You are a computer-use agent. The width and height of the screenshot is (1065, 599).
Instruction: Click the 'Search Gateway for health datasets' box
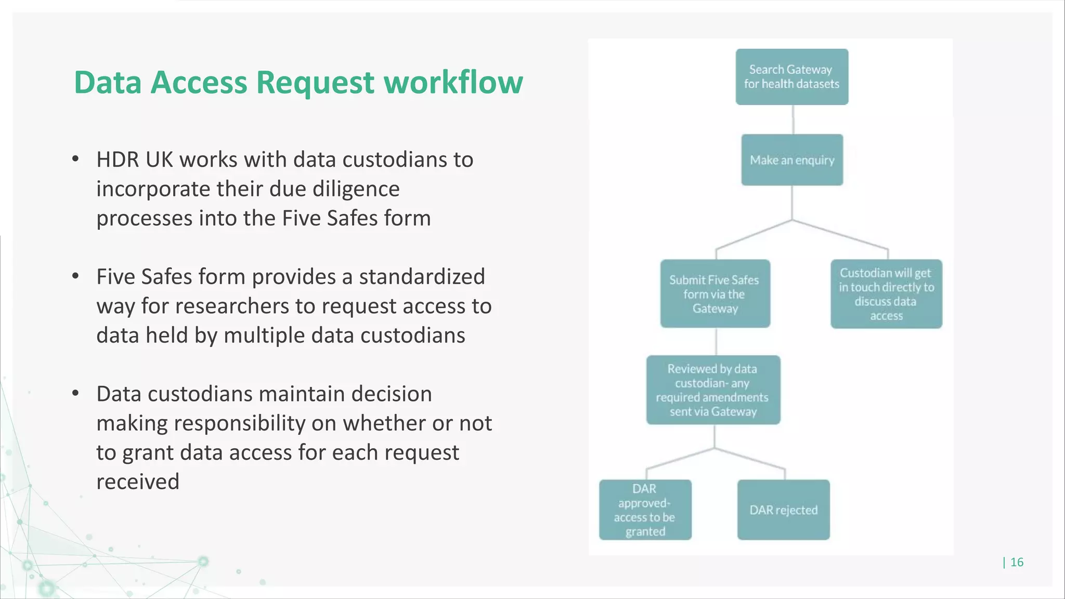coord(791,77)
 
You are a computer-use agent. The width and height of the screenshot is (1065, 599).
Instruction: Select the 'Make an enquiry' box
coord(791,160)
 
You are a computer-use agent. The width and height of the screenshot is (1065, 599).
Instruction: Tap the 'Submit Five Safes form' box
coord(715,294)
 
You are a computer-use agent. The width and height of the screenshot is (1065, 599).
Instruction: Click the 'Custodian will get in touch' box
coord(886,294)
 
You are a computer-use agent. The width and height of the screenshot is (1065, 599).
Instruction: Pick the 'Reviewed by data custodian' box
coord(713,390)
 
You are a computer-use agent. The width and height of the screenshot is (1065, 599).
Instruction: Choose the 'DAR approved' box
coord(645,510)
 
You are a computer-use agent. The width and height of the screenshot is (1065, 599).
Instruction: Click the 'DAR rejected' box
coord(783,510)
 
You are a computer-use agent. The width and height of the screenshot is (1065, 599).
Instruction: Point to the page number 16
coord(1017,562)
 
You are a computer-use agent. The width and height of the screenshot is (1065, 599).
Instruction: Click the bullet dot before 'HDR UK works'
coord(76,159)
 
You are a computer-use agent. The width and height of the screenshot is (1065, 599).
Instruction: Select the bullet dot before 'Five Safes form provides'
coord(76,276)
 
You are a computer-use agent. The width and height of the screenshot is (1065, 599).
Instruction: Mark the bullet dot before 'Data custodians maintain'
coord(76,393)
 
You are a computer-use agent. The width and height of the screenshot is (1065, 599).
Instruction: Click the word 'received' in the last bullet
coord(138,481)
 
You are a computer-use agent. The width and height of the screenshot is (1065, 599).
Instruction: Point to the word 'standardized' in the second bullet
coord(422,277)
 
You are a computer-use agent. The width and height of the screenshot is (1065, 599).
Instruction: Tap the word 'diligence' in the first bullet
coord(356,189)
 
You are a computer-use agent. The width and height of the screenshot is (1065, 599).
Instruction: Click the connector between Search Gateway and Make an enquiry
coord(793,120)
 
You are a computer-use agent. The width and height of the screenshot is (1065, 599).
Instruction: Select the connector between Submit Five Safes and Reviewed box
coord(716,342)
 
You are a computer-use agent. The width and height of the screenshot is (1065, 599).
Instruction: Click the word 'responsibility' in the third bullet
coord(246,423)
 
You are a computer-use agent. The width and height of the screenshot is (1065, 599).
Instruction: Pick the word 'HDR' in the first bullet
coord(118,160)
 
